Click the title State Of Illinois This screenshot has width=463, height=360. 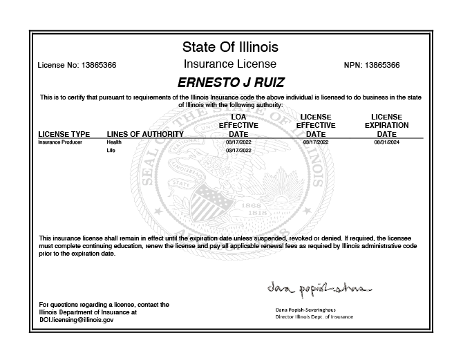pyautogui.click(x=230, y=48)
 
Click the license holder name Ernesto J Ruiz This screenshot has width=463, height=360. pyautogui.click(x=231, y=82)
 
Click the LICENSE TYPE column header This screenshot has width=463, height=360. pyautogui.click(x=64, y=133)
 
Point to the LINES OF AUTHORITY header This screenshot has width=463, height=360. pyautogui.click(x=145, y=133)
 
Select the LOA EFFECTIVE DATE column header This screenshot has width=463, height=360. pyautogui.click(x=238, y=125)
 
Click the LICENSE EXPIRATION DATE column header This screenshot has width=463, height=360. pyautogui.click(x=386, y=125)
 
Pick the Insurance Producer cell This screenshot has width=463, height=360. pyautogui.click(x=60, y=142)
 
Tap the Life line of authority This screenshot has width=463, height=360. pyautogui.click(x=111, y=150)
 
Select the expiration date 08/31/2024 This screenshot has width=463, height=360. pyautogui.click(x=386, y=142)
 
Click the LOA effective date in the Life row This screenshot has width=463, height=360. pyautogui.click(x=238, y=150)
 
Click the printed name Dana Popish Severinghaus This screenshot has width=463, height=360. pyautogui.click(x=305, y=310)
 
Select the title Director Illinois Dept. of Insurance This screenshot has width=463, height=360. pyautogui.click(x=305, y=316)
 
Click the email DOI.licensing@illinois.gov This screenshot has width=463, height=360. pyautogui.click(x=77, y=320)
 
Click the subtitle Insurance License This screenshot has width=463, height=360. pyautogui.click(x=230, y=64)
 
